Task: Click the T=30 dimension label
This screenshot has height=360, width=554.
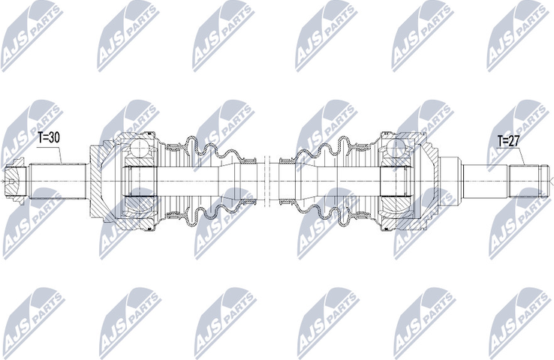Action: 48,137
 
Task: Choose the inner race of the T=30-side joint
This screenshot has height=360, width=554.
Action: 138,180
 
